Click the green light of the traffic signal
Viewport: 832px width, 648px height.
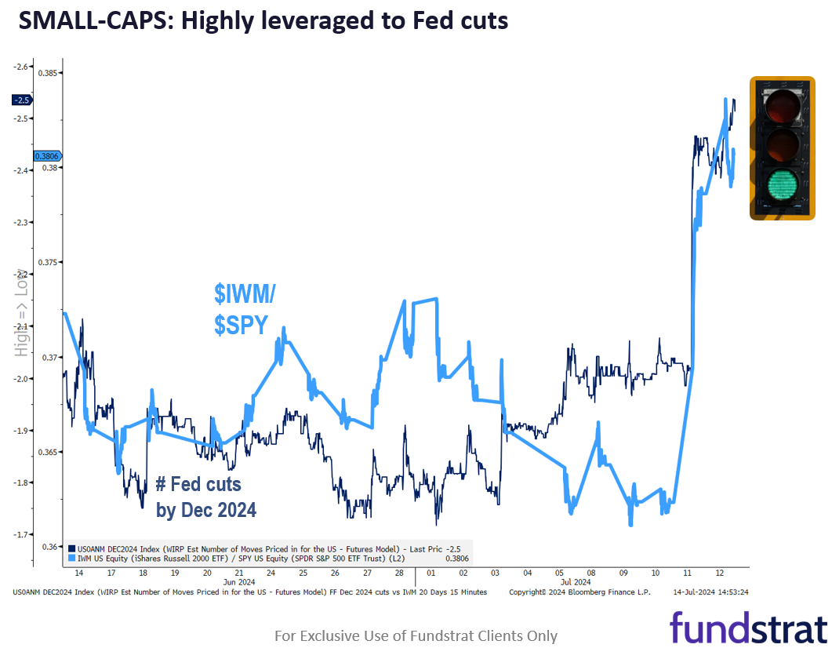[781, 185]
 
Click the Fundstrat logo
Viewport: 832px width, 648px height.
[747, 628]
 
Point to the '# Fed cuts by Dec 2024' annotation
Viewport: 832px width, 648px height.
[205, 497]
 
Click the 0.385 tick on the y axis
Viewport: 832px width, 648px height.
[48, 73]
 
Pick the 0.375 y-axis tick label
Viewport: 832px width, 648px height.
[48, 262]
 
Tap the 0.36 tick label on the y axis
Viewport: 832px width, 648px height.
[48, 547]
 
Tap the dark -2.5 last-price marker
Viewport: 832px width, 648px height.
[21, 100]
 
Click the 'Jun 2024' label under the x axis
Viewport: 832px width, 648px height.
[240, 582]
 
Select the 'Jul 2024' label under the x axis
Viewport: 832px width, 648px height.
[576, 582]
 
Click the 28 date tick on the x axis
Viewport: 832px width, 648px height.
[398, 573]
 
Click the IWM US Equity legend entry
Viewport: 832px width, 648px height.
[251, 559]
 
